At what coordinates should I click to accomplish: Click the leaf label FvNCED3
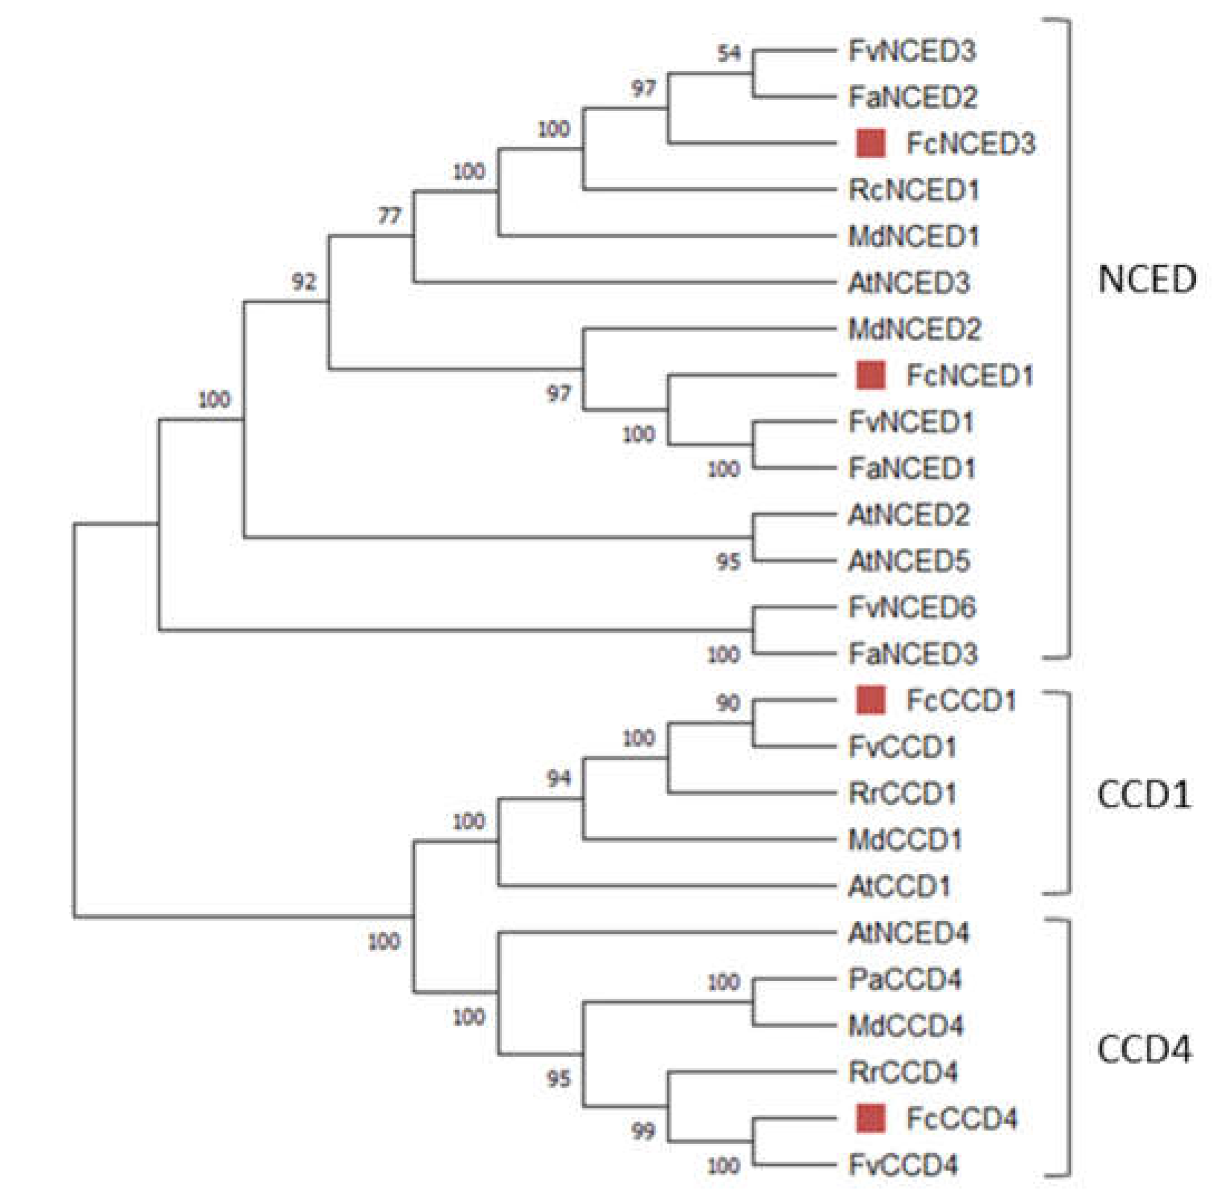click(x=912, y=51)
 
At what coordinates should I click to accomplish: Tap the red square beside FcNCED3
click(x=871, y=143)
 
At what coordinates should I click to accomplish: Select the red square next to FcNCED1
click(x=871, y=375)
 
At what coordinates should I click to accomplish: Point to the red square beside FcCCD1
click(x=871, y=700)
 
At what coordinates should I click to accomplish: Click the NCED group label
click(x=1147, y=278)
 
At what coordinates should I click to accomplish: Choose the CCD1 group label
click(x=1144, y=795)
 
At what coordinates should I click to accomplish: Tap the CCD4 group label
click(x=1144, y=1049)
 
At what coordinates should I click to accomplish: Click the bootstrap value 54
click(x=729, y=54)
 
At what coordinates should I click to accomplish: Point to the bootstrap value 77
click(x=390, y=216)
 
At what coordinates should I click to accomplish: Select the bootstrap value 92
click(x=304, y=281)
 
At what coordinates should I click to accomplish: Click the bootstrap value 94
click(x=559, y=779)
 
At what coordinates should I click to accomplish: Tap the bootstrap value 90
click(x=727, y=703)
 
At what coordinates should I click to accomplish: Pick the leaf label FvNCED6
click(x=912, y=607)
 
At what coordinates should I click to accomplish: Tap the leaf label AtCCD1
click(x=899, y=886)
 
